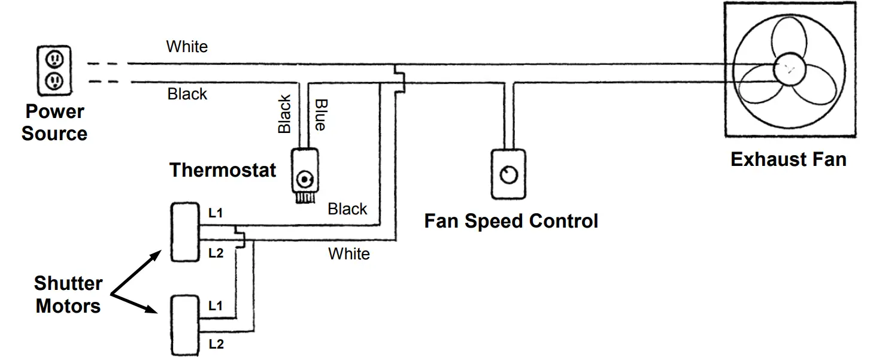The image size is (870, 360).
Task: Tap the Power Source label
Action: (x=54, y=122)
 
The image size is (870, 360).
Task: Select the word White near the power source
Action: (x=187, y=47)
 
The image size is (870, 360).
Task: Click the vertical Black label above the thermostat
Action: (x=284, y=114)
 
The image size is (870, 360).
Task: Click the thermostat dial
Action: (x=306, y=179)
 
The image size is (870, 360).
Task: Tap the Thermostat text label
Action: (x=223, y=170)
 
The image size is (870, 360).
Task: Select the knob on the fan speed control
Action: (x=509, y=174)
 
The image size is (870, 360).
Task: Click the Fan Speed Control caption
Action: (x=511, y=221)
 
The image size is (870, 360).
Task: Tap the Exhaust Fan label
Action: (x=788, y=159)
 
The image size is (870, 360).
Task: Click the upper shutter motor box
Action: (x=184, y=232)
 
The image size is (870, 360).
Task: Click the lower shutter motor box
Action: (x=184, y=323)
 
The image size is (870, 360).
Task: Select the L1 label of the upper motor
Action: (x=216, y=213)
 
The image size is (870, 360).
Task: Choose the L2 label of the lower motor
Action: (x=216, y=344)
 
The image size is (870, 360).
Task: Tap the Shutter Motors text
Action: (x=68, y=295)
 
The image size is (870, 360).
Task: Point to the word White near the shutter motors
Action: (x=348, y=254)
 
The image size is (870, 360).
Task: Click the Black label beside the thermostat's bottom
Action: (x=347, y=209)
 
